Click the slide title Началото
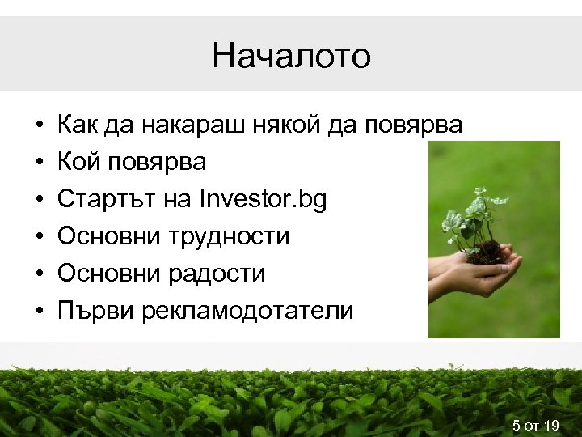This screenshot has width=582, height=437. (291, 56)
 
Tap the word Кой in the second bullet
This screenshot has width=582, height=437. (79, 162)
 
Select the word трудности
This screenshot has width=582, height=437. (230, 236)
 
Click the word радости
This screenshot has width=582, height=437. (217, 274)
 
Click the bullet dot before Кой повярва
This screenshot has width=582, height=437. (39, 163)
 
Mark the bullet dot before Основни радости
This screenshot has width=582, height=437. (39, 274)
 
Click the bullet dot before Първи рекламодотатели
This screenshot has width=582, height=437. (39, 312)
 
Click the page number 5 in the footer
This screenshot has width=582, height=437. (517, 426)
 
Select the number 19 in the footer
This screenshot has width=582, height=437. (552, 426)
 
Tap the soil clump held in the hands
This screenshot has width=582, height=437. (489, 252)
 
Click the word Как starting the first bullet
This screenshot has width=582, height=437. (78, 125)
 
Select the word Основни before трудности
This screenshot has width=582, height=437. (109, 236)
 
